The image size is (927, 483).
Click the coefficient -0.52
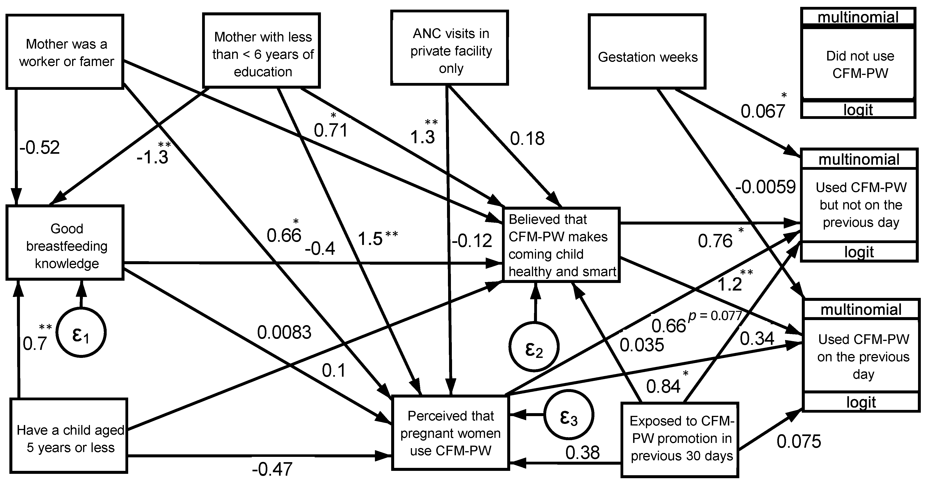(40, 148)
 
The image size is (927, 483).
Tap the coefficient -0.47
(272, 469)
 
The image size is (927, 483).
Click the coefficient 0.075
(799, 441)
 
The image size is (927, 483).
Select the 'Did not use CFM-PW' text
(860, 64)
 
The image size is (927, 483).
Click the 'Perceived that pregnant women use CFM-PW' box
(450, 433)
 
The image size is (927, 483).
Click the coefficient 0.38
(582, 452)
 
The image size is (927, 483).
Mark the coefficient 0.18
(527, 139)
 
